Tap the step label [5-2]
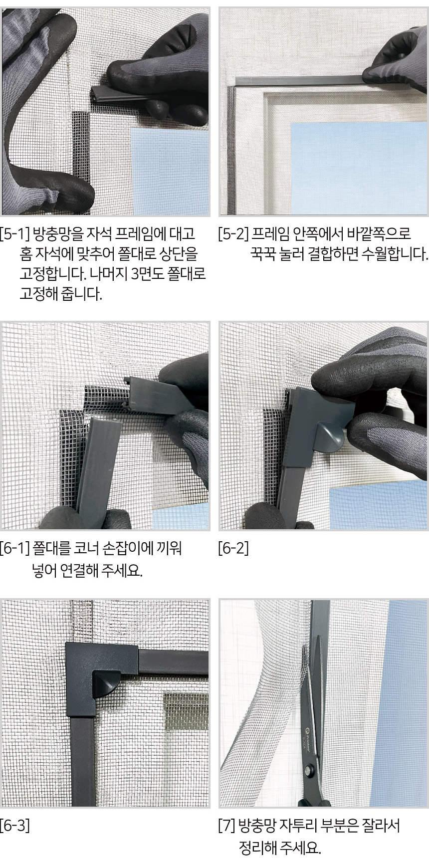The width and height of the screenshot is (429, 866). [233, 234]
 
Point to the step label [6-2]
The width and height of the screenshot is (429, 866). [233, 549]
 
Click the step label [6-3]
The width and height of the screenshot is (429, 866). [15, 826]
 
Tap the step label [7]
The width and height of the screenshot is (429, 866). [226, 826]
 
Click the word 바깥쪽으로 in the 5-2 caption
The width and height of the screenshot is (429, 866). [378, 234]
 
